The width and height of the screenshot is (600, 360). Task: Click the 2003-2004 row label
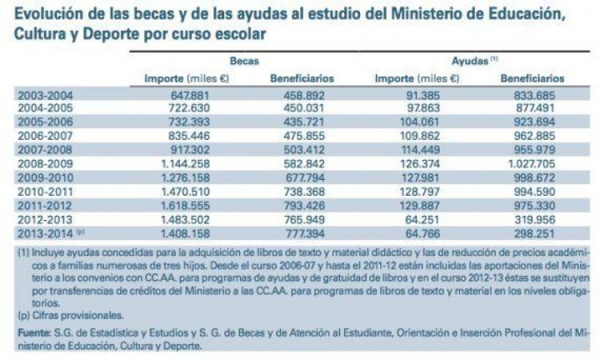pos(46,95)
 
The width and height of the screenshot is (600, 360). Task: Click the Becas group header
pos(242,61)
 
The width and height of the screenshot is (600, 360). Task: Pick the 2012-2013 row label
pos(46,217)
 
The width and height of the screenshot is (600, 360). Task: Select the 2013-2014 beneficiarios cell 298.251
pos(535,230)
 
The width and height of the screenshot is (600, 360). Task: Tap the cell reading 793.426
pos(305,203)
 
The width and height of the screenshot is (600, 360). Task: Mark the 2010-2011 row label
pos(46,190)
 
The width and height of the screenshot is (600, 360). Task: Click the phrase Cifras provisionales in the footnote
pos(71,317)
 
